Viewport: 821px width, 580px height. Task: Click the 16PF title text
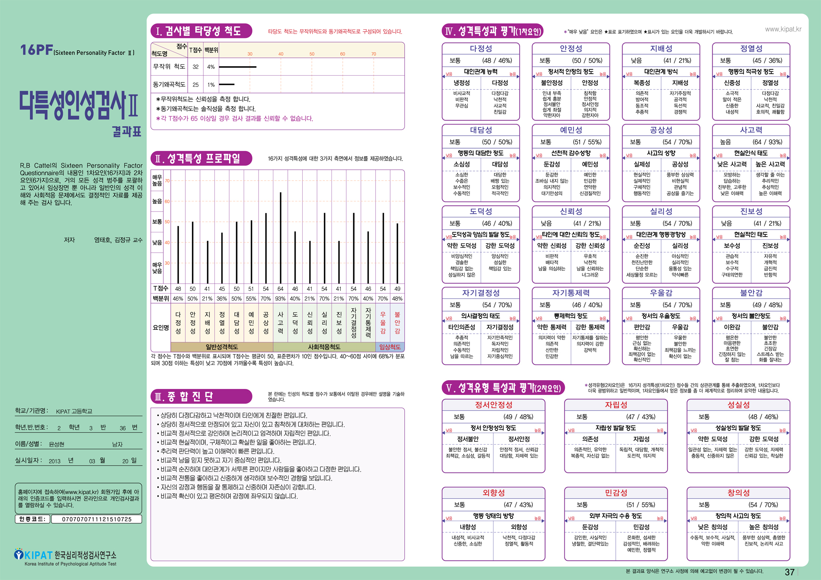click(36, 50)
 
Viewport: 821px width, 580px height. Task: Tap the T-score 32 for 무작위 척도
click(196, 67)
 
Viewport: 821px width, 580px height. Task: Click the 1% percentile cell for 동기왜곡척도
click(211, 85)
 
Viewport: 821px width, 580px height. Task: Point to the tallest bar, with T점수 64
click(281, 238)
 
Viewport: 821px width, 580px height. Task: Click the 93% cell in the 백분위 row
click(281, 298)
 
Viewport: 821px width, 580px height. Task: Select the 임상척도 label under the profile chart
click(390, 347)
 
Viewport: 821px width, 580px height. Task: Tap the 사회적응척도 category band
click(324, 347)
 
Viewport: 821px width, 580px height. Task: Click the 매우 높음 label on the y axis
click(157, 180)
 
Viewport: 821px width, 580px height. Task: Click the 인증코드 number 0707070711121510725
click(97, 519)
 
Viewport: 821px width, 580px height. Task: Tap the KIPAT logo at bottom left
click(34, 555)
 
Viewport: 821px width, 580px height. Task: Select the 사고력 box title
click(751, 130)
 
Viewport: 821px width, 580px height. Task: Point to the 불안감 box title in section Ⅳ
click(751, 293)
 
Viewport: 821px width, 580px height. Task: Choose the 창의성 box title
click(738, 493)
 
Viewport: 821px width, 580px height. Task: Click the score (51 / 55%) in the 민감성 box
click(641, 505)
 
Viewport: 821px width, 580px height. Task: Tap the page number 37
click(789, 572)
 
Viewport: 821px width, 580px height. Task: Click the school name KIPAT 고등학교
click(74, 411)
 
